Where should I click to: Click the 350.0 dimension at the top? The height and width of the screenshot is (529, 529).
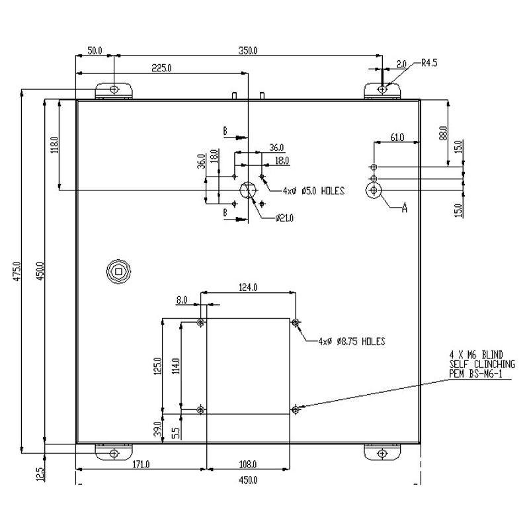pyautogui.click(x=247, y=51)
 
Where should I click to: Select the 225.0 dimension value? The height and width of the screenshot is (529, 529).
pyautogui.click(x=161, y=68)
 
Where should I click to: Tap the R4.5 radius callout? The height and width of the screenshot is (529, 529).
pyautogui.click(x=429, y=63)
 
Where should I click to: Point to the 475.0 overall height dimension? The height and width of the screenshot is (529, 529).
pyautogui.click(x=17, y=271)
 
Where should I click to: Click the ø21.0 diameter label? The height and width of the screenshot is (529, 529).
pyautogui.click(x=284, y=218)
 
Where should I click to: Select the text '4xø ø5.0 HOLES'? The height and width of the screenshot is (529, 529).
pyautogui.click(x=313, y=191)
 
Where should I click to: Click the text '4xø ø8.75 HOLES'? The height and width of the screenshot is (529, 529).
pyautogui.click(x=352, y=341)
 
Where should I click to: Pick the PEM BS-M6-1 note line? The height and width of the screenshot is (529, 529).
pyautogui.click(x=475, y=374)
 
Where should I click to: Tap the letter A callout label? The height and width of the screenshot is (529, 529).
pyautogui.click(x=405, y=208)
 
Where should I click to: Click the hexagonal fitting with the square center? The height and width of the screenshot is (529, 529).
pyautogui.click(x=118, y=271)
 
